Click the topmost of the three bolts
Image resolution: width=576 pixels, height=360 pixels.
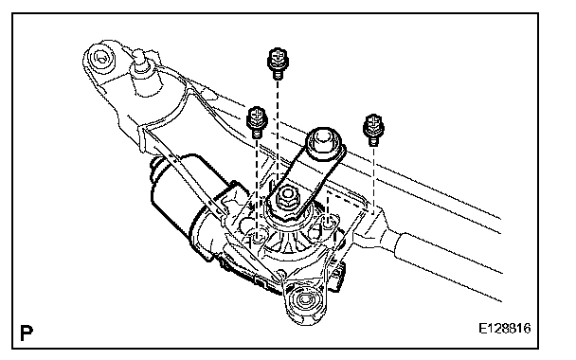click(x=279, y=63)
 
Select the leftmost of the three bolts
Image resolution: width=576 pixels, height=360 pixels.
click(x=257, y=121)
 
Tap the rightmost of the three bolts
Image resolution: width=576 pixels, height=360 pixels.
click(x=373, y=129)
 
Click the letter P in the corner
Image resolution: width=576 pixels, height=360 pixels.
click(x=27, y=333)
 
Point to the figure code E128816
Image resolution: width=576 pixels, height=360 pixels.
click(x=505, y=328)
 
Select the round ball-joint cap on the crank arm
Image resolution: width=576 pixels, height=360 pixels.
click(x=324, y=142)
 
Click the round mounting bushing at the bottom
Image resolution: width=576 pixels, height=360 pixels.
click(x=304, y=300)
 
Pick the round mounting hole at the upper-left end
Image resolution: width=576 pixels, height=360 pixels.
click(x=100, y=58)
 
